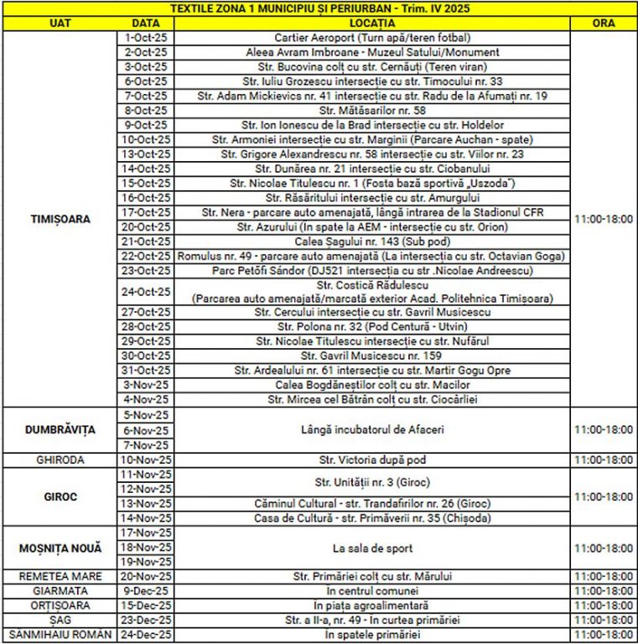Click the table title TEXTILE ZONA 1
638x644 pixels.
tap(319, 8)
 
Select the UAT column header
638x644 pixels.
tap(58, 23)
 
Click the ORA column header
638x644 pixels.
tap(603, 23)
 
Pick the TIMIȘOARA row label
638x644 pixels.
tap(58, 219)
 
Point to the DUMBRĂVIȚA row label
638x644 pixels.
tap(58, 429)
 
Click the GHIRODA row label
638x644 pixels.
tap(58, 460)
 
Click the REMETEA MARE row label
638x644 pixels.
tap(58, 577)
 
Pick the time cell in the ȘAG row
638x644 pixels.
tap(603, 621)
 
